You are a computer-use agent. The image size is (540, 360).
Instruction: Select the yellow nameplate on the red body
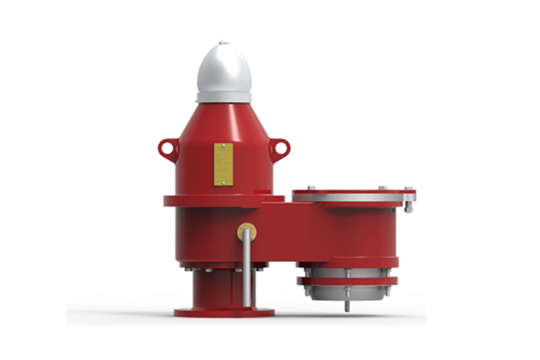click(223, 164)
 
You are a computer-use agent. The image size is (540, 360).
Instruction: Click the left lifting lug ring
click(168, 148)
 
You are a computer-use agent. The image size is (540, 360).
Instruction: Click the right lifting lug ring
click(280, 147)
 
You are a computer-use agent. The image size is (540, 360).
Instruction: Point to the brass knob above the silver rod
click(246, 233)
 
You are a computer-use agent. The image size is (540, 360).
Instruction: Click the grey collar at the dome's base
click(223, 96)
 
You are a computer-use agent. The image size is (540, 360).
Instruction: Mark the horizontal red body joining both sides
click(291, 234)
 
